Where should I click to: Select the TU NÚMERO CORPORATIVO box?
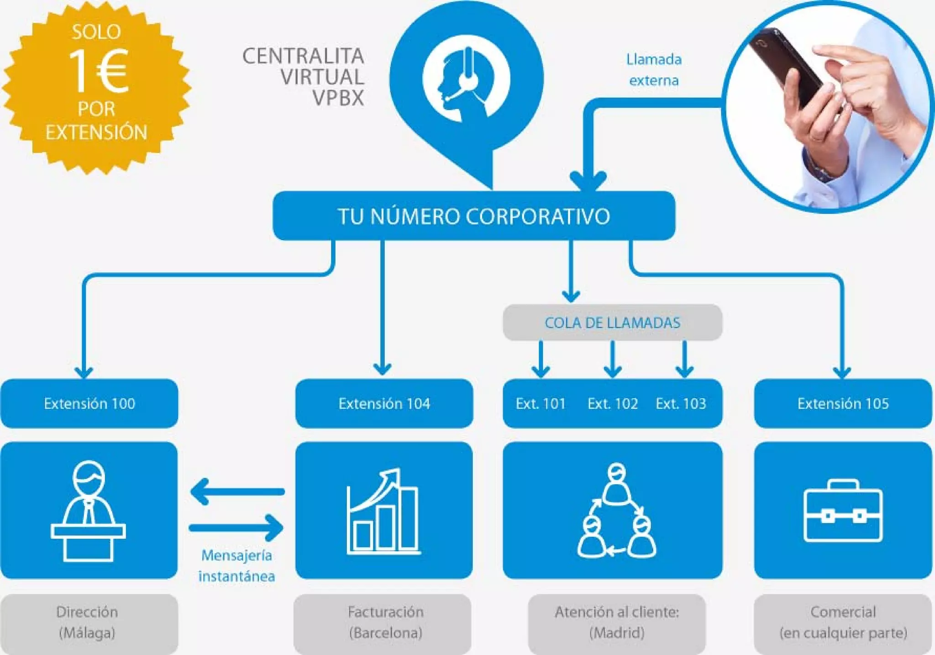[473, 216]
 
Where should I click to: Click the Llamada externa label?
[654, 70]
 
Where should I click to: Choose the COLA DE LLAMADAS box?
[612, 323]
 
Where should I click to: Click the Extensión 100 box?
[89, 403]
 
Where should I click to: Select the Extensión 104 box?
[384, 403]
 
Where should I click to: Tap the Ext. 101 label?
[541, 403]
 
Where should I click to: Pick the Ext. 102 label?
[613, 403]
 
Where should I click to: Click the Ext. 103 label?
[681, 403]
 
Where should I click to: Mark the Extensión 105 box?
[843, 403]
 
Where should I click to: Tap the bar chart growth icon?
[383, 511]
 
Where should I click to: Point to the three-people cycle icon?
[616, 511]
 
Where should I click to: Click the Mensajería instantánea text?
[236, 566]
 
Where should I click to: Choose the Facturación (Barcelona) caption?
[385, 622]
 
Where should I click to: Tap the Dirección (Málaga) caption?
[87, 622]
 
